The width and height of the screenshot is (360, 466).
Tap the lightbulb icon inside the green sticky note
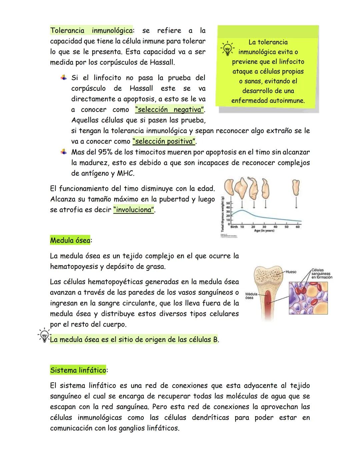[x=227, y=49]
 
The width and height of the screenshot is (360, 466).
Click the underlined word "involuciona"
[x=134, y=210]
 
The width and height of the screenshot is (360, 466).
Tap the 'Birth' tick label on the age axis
[x=234, y=227]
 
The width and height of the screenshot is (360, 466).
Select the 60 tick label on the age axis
[x=297, y=227]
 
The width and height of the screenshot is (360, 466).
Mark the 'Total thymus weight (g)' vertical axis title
[x=222, y=213]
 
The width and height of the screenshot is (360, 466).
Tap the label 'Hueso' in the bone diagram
[x=291, y=272]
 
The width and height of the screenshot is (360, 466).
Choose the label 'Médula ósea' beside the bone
[x=251, y=296]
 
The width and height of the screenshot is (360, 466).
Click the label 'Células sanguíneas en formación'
[x=322, y=274]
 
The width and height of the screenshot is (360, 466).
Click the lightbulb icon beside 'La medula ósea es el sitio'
[x=43, y=335]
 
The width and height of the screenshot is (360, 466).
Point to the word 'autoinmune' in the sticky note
[x=288, y=101]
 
